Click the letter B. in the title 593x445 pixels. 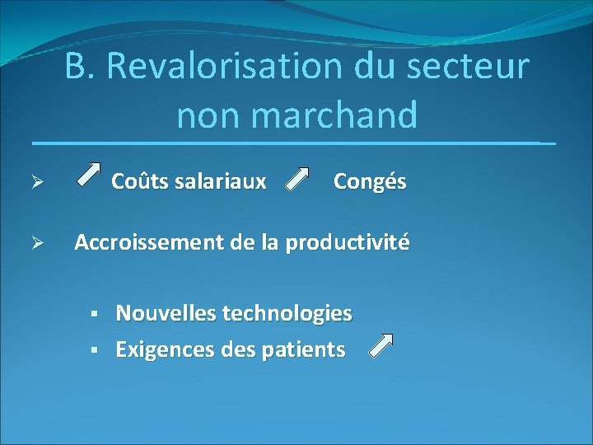(x=80, y=67)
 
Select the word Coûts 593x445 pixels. (x=139, y=181)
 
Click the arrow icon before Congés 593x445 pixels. (x=296, y=179)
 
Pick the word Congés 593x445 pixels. (x=370, y=181)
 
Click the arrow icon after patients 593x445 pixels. (x=381, y=346)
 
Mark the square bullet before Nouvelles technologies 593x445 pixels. (x=95, y=314)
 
